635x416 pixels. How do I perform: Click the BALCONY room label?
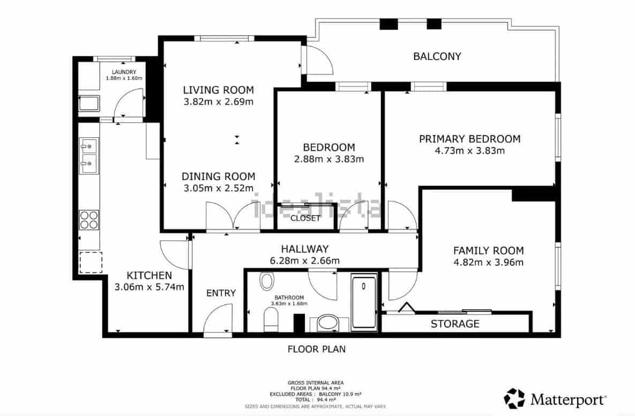point(437,56)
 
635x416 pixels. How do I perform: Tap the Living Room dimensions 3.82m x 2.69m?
point(218,101)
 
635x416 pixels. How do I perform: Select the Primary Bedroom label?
point(469,139)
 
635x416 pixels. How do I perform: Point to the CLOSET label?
point(305,218)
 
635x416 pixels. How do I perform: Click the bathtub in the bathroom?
point(364,301)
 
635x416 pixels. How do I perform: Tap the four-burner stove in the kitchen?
point(89,219)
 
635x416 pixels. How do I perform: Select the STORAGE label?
point(455,324)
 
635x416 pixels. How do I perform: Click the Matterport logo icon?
point(514,399)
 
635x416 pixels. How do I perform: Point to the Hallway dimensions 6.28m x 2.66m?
point(304,261)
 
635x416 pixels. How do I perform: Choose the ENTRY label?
point(221,293)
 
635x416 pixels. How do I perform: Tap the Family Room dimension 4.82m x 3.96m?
point(488,262)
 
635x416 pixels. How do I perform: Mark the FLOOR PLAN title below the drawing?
point(316,349)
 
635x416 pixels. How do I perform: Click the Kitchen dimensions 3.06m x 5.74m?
point(149,287)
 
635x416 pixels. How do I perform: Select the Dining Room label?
point(218,176)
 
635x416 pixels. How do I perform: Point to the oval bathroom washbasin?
point(327,323)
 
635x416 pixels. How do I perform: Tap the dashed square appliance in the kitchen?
point(89,262)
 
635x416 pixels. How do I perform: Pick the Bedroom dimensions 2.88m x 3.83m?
point(328,159)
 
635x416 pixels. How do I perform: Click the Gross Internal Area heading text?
point(316,383)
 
